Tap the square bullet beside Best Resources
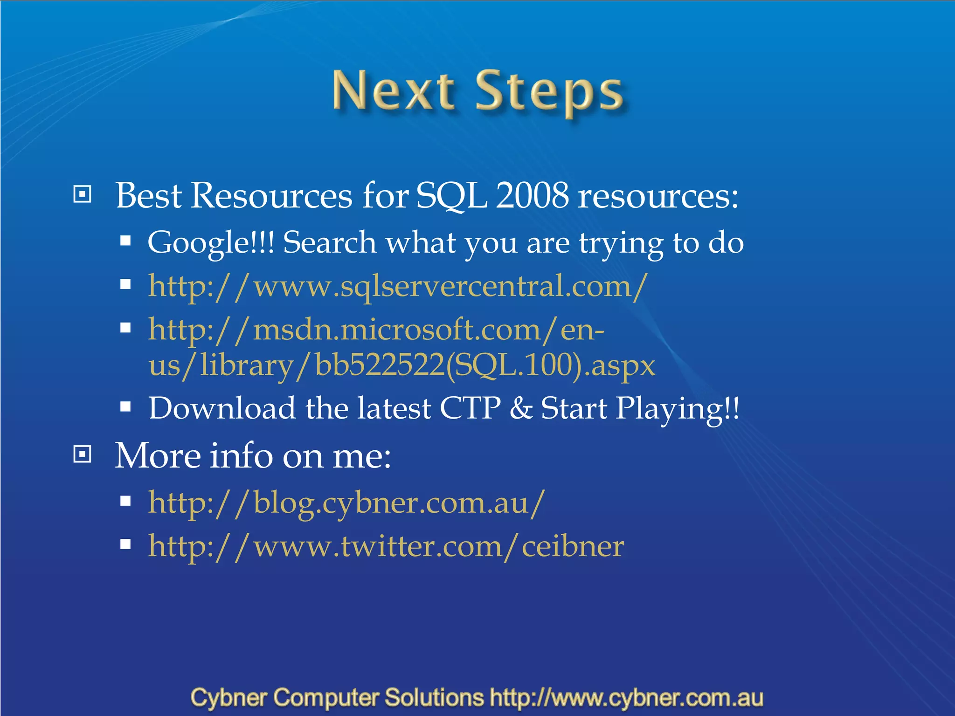pos(83,194)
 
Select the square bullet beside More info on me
pos(83,454)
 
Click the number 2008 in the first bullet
pos(532,195)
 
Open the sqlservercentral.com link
pos(398,286)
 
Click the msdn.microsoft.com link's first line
pos(376,330)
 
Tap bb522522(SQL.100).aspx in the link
pos(485,365)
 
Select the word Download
pos(222,408)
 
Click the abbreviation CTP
pos(470,408)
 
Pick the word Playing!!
pos(677,409)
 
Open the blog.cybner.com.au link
pos(346,503)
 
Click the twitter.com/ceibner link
pos(386,546)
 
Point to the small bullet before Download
pos(125,407)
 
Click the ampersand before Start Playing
pos(520,408)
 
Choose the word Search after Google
pos(329,243)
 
